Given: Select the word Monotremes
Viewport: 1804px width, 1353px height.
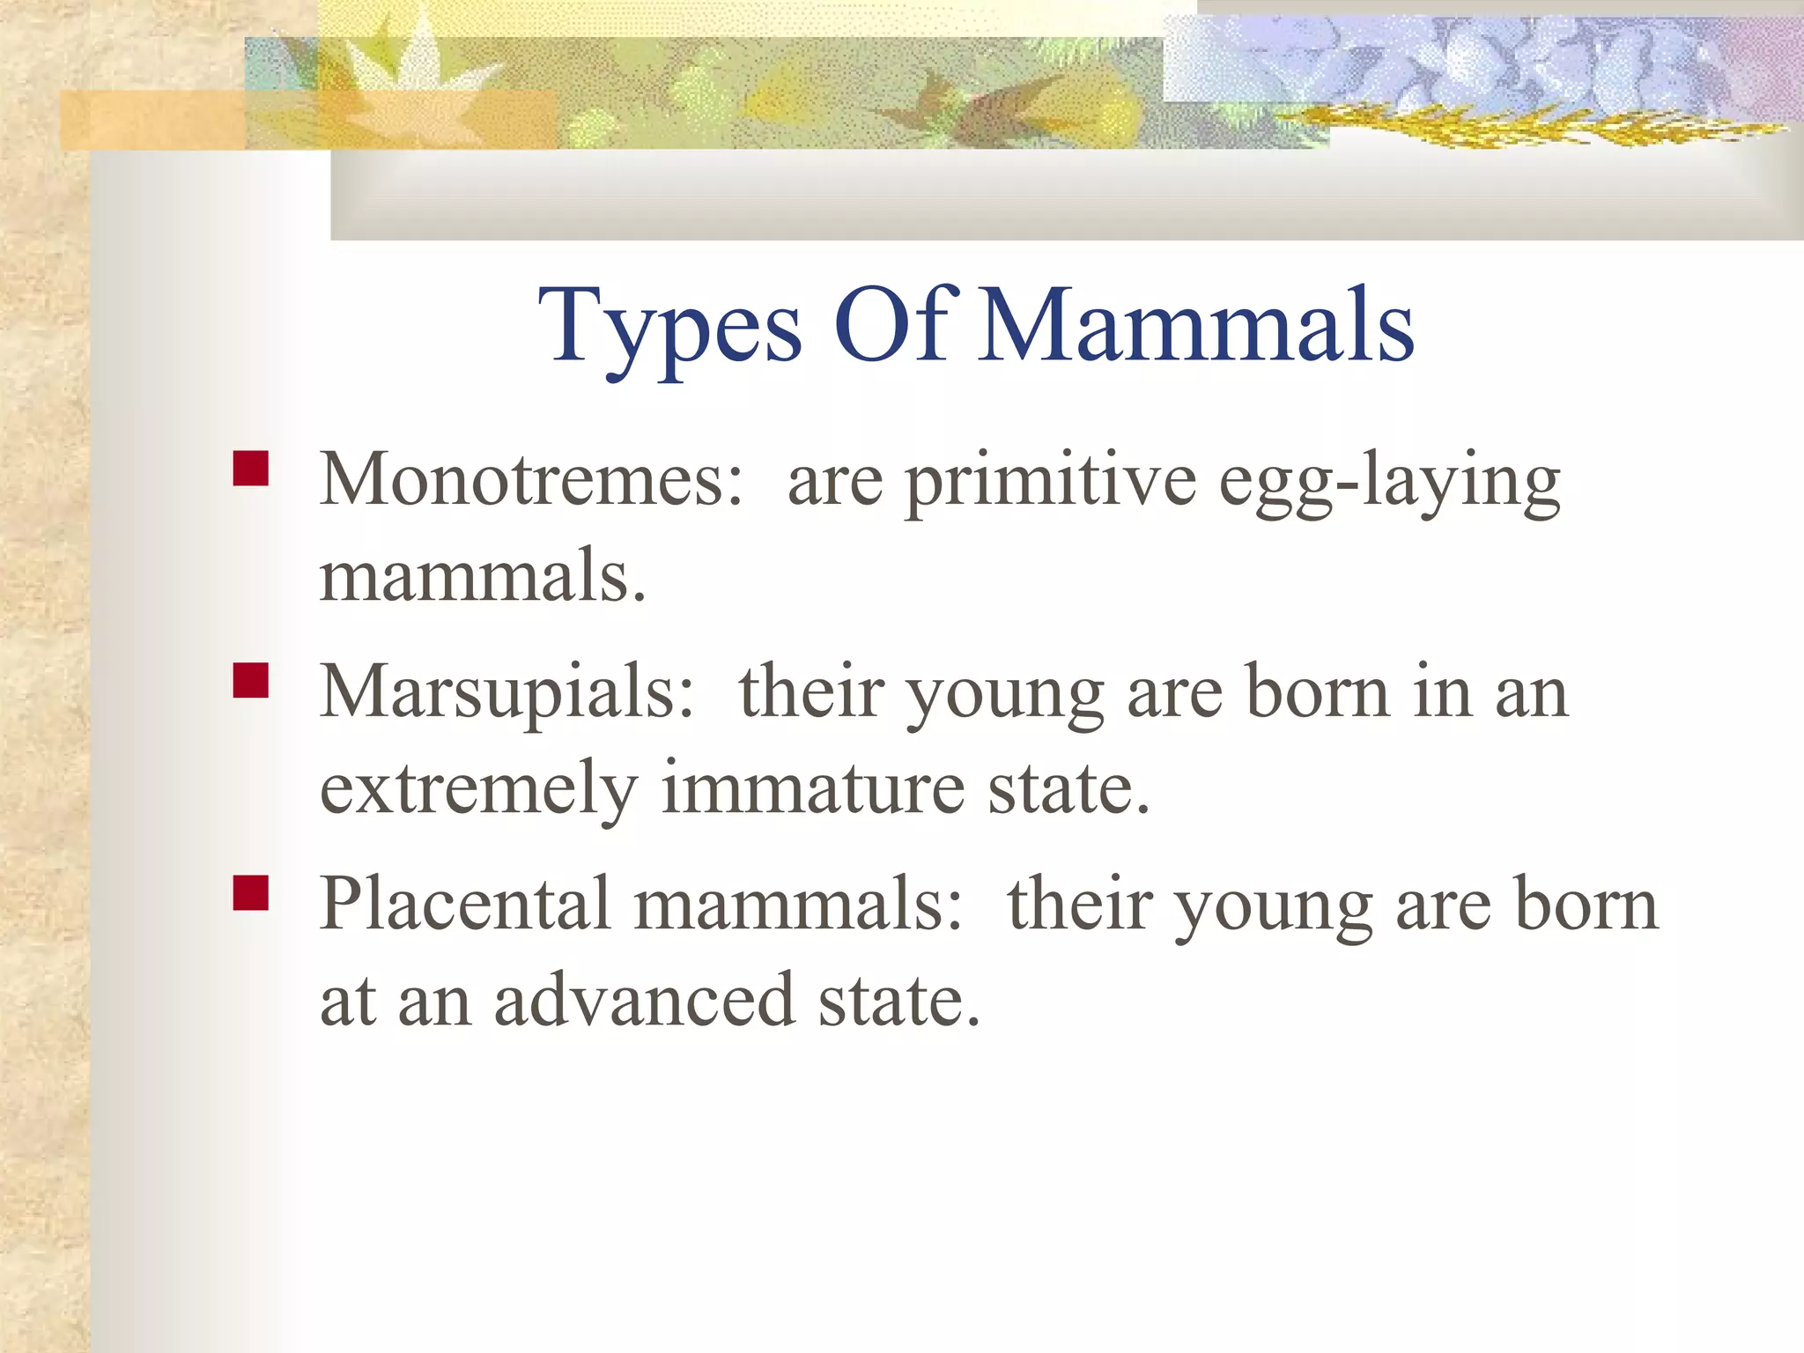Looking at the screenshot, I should click(x=531, y=480).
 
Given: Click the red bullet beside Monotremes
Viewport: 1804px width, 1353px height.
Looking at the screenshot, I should click(x=250, y=469).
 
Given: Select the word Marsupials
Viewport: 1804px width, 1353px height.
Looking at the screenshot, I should click(x=507, y=692).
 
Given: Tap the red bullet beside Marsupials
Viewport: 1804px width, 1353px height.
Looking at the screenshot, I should click(x=250, y=681).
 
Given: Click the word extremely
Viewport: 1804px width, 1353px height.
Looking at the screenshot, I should click(x=478, y=789).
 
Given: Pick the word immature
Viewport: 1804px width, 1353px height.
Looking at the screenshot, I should click(x=812, y=787).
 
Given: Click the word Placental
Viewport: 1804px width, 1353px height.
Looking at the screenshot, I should click(x=465, y=904).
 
